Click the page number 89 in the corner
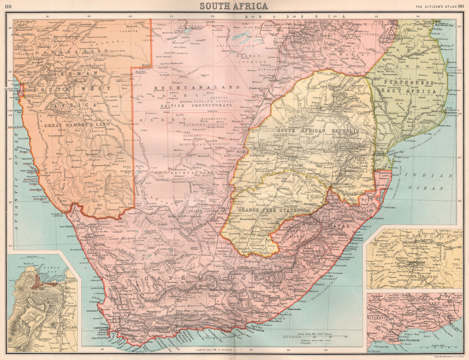tap(8, 6)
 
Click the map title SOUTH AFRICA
tap(234, 6)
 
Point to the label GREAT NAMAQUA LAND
tap(77, 125)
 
